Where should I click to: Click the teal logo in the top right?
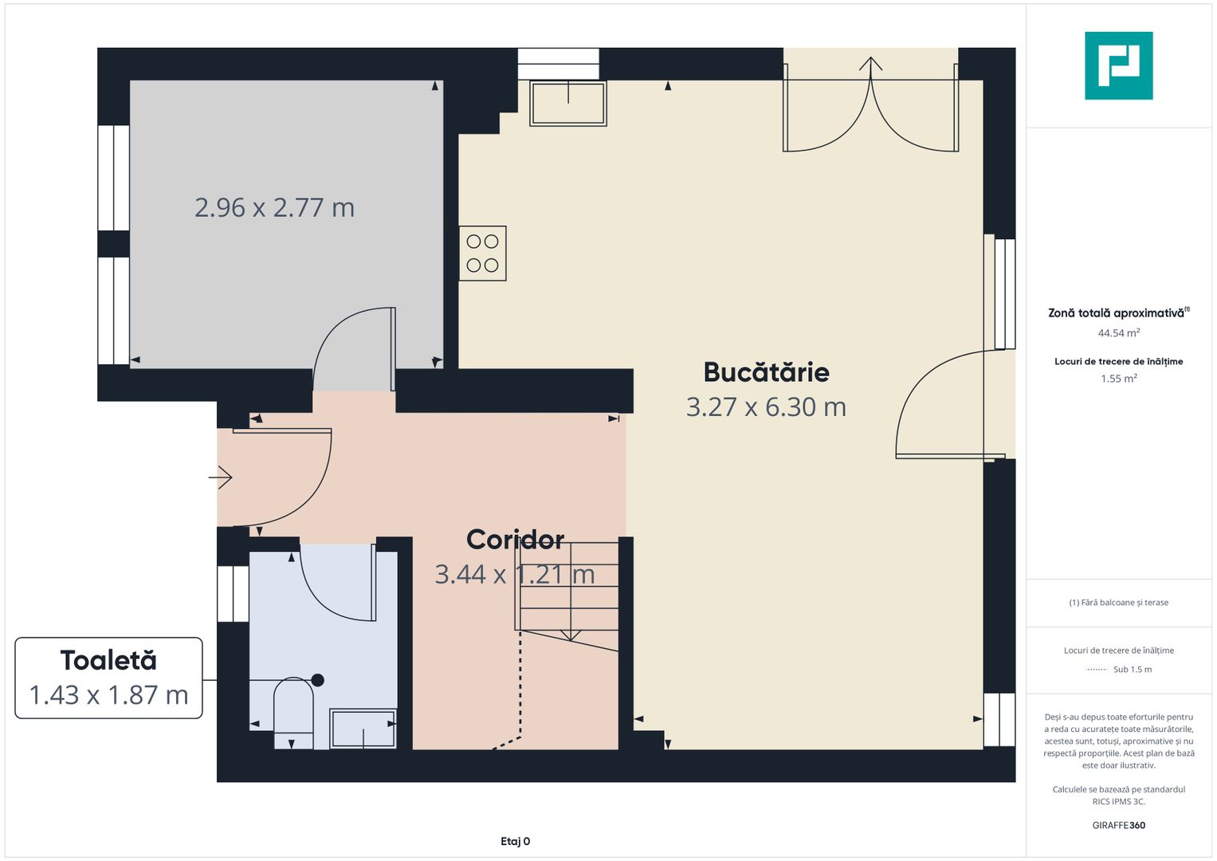point(1119,65)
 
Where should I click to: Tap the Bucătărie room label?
point(766,372)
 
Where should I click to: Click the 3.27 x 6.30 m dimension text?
point(766,407)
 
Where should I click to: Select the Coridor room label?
point(515,540)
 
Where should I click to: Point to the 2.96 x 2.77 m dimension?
point(274,207)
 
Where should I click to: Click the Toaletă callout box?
point(108,678)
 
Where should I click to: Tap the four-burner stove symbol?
point(482,254)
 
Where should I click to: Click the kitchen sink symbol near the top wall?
point(568,104)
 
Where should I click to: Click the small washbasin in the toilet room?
point(363,729)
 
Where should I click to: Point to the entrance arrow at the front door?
point(221,478)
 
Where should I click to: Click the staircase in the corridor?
point(567,592)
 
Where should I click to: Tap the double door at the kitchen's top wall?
point(870,106)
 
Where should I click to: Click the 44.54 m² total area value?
point(1119,332)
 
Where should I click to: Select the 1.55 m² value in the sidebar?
point(1119,379)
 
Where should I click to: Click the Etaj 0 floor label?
point(515,841)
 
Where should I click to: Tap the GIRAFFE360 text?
point(1119,825)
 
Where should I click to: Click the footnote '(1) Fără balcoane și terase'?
point(1119,602)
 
